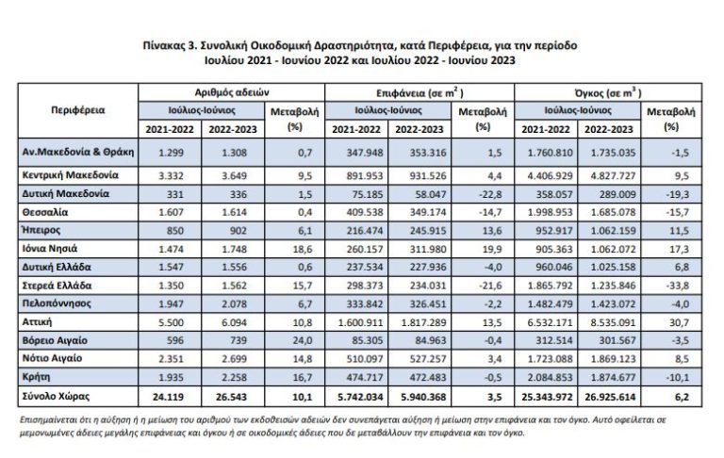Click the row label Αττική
point(39,322)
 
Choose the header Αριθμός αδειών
point(232,92)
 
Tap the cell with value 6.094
point(233,322)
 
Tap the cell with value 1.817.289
point(420,322)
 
